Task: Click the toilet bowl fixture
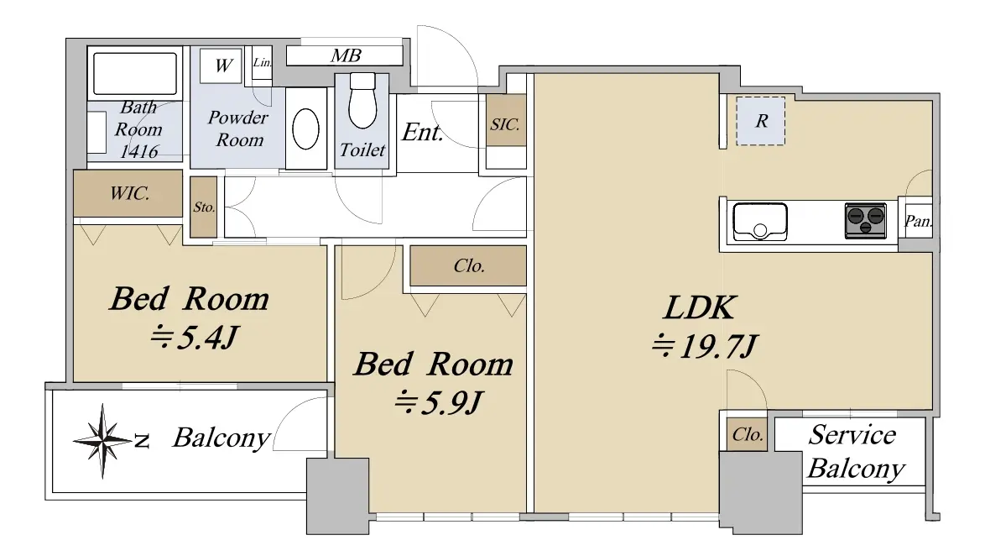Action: click(362, 101)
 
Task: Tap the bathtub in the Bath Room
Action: click(134, 73)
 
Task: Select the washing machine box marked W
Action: click(221, 66)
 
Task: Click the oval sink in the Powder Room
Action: click(306, 129)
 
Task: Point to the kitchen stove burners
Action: click(866, 221)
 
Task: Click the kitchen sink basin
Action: click(760, 222)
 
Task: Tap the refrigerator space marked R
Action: click(761, 121)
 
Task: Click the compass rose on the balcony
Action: click(104, 441)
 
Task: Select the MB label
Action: click(346, 56)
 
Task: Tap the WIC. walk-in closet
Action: click(128, 193)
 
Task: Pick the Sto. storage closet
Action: click(204, 207)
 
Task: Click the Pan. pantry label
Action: click(918, 222)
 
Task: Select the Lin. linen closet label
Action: click(262, 63)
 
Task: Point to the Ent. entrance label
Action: click(422, 132)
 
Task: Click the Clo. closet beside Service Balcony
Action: click(748, 434)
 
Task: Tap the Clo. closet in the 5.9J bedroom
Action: click(469, 265)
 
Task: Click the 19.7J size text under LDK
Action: click(705, 346)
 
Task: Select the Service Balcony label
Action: click(856, 452)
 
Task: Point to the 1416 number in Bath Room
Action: click(138, 151)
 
